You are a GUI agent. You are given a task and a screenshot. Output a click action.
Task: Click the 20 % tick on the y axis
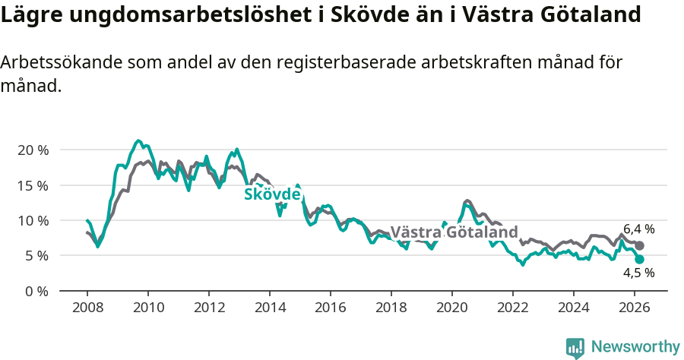(x=32, y=150)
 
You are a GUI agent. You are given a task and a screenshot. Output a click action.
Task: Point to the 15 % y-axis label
(x=32, y=185)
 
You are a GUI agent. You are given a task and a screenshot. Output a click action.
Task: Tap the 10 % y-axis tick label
(x=32, y=220)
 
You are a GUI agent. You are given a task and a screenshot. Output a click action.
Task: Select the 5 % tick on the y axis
(x=36, y=256)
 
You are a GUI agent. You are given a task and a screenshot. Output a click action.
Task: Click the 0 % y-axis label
(x=36, y=291)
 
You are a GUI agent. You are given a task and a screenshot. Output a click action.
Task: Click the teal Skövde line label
(x=272, y=194)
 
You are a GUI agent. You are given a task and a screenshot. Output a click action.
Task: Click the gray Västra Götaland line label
(x=454, y=232)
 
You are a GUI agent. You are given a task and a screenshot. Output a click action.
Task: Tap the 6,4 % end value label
(x=638, y=229)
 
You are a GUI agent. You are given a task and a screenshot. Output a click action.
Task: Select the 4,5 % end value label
(x=638, y=273)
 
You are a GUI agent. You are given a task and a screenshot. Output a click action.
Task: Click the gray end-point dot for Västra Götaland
(x=640, y=246)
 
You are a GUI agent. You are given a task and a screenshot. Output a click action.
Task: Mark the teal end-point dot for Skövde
(x=639, y=259)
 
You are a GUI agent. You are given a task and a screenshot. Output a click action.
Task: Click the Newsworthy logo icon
(x=575, y=347)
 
